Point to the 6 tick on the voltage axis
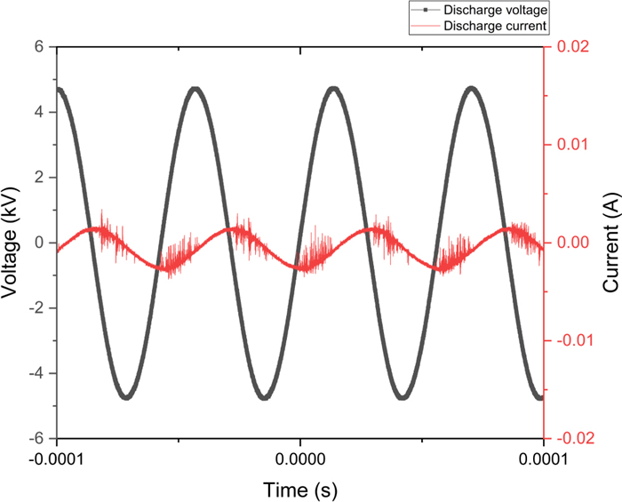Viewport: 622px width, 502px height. [x=39, y=47]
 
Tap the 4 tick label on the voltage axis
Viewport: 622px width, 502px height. [x=39, y=112]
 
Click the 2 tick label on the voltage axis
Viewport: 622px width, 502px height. [x=39, y=178]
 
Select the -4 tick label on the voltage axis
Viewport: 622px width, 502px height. [x=36, y=373]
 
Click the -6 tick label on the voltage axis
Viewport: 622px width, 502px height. [x=36, y=439]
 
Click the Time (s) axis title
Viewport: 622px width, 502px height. [x=299, y=489]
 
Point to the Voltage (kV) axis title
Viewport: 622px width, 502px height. [x=12, y=243]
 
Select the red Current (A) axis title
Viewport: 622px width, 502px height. [x=610, y=243]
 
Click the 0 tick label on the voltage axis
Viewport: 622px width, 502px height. [x=39, y=243]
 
